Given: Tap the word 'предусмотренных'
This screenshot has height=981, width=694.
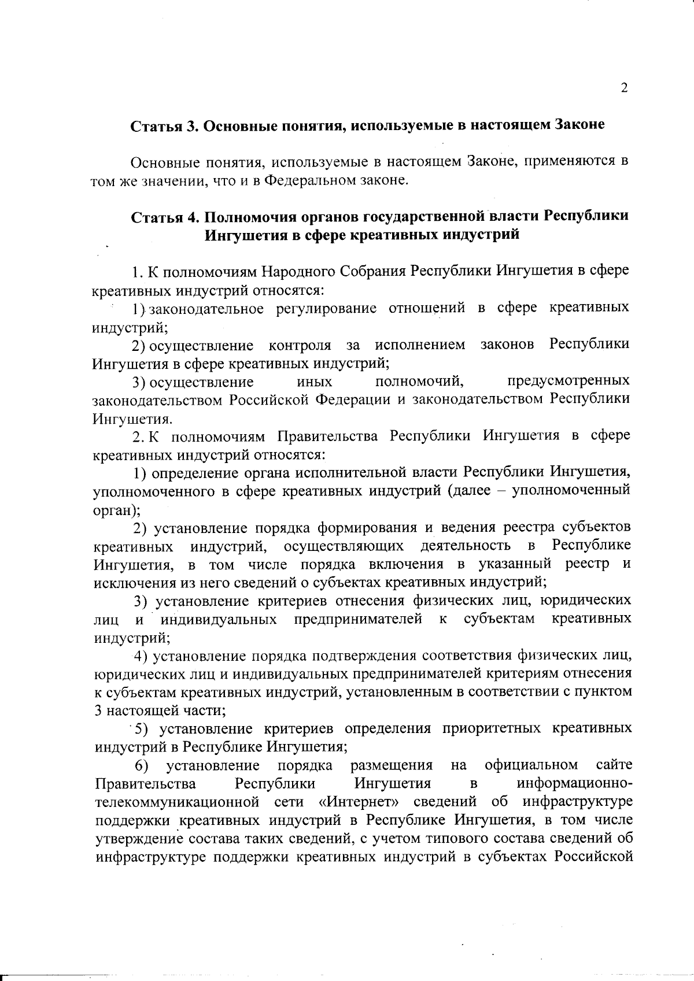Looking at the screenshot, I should (x=569, y=382).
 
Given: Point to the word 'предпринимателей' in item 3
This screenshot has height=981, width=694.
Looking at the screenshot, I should (x=358, y=620).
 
